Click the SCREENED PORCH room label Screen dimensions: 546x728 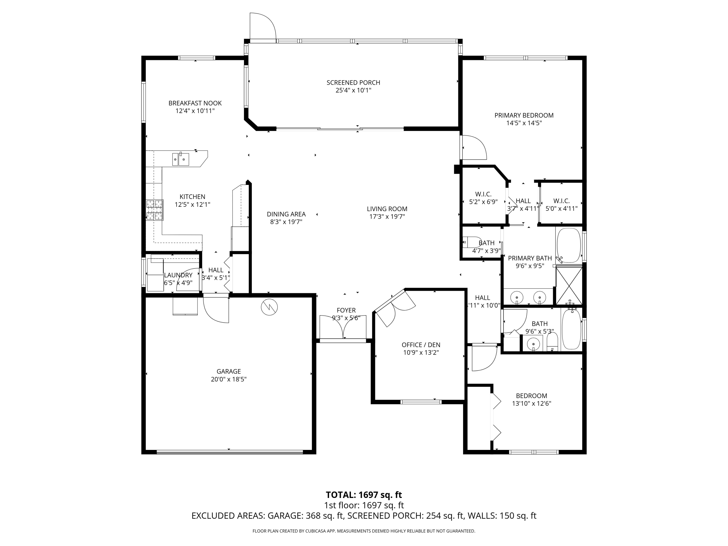pyautogui.click(x=353, y=83)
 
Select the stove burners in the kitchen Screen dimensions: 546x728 pyautogui.click(x=155, y=210)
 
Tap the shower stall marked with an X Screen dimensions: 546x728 pyautogui.click(x=569, y=286)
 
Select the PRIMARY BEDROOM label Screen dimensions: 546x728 pyautogui.click(x=524, y=116)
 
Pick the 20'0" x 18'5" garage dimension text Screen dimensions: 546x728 pyautogui.click(x=229, y=379)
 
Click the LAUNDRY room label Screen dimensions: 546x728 pyautogui.click(x=178, y=275)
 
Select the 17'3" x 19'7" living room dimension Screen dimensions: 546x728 pyautogui.click(x=387, y=216)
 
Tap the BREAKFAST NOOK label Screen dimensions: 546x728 pyautogui.click(x=195, y=103)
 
